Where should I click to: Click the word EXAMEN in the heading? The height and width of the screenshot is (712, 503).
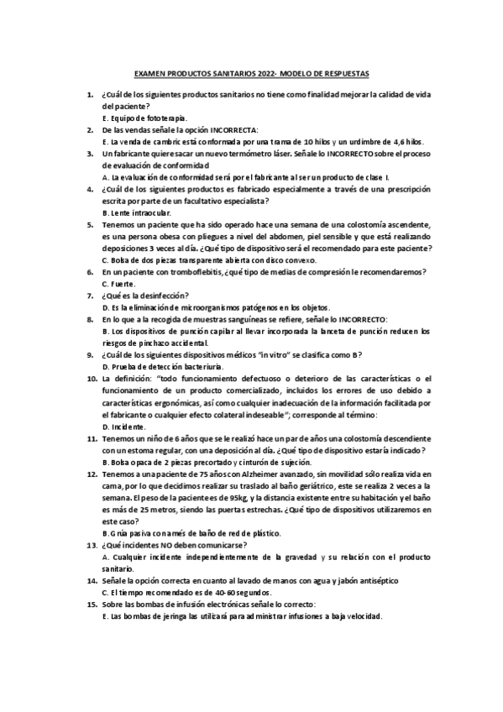[152, 73]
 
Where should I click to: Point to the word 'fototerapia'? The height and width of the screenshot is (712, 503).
[168, 118]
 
